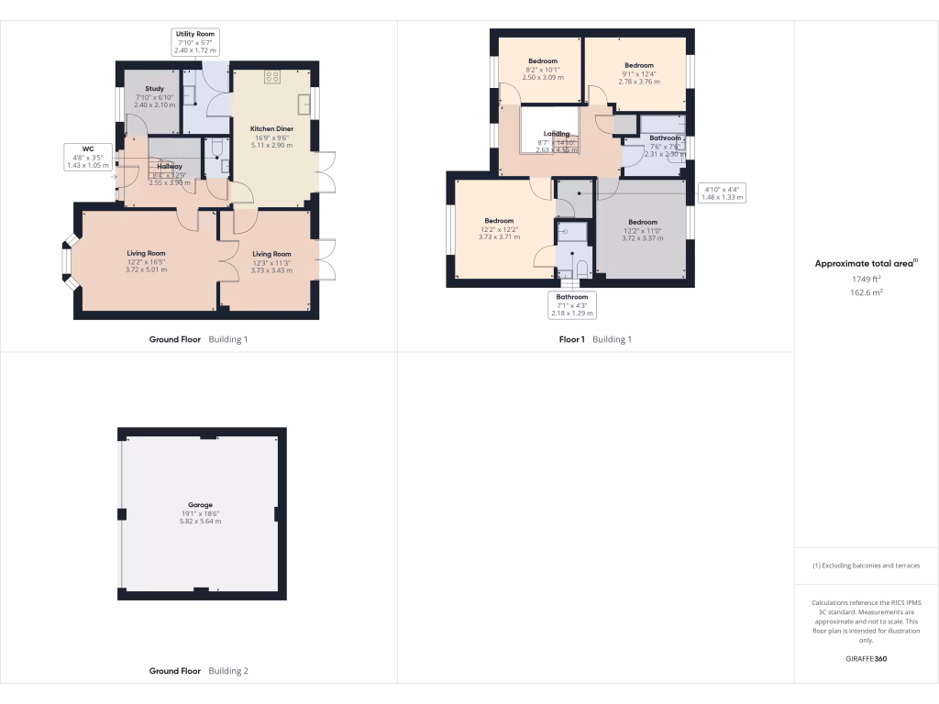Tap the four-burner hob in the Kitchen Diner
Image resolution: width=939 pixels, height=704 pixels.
271,78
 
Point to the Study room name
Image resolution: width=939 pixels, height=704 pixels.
154,89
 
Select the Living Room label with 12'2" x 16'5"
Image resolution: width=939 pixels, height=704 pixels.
145,254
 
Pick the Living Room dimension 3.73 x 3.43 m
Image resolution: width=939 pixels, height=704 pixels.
271,270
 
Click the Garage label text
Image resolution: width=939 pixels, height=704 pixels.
201,505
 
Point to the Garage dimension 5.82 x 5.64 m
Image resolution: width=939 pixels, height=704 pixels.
201,521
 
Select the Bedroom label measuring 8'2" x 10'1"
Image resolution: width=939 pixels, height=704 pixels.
542,61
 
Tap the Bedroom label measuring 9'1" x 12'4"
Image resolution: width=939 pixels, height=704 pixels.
639,65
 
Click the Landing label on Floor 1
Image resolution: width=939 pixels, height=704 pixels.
557,134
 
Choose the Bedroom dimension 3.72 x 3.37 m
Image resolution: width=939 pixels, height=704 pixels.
643,237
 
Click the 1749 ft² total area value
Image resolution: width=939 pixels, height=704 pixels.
866,279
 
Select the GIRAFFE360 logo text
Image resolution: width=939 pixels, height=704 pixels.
866,659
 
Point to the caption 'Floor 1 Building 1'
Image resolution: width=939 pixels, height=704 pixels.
595,339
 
